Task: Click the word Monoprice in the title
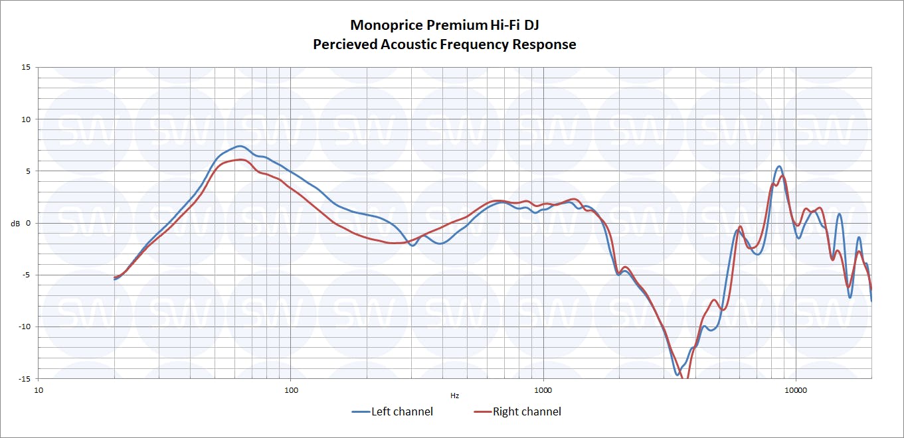click(381, 25)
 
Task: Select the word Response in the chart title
click(544, 44)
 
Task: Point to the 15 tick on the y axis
click(26, 67)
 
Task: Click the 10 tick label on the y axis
click(26, 119)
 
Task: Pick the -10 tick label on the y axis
click(25, 327)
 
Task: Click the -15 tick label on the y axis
click(25, 378)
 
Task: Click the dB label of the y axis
click(15, 224)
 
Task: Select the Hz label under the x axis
click(454, 396)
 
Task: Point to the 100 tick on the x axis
click(291, 389)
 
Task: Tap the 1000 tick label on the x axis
click(543, 389)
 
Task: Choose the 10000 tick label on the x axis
click(796, 389)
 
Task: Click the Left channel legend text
click(402, 412)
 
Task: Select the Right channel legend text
click(527, 412)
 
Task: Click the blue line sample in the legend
click(360, 412)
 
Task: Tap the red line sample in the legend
click(482, 412)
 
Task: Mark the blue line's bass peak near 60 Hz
click(240, 146)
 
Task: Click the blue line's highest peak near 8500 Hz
click(779, 167)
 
